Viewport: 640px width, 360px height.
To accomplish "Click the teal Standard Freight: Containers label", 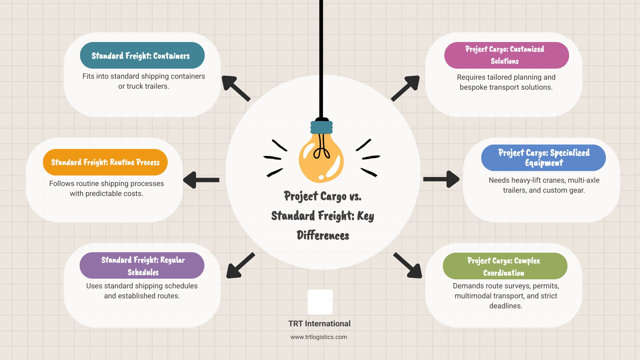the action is click(142, 55).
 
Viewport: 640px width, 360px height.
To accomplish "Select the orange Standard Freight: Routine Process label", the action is click(105, 162).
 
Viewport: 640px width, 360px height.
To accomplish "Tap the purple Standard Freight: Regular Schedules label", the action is click(142, 265).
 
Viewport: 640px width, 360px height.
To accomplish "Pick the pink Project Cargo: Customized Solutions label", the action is click(506, 55).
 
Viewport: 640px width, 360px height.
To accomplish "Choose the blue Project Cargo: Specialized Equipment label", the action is click(543, 158).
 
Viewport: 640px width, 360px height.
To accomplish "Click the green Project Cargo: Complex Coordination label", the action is click(505, 266).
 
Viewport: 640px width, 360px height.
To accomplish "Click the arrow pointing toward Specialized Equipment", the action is click(441, 179).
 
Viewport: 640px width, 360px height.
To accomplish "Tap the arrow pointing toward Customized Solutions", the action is click(406, 88).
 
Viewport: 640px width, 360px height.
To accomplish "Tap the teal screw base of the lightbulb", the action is click(322, 127).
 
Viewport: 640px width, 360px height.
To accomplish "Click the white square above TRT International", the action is click(320, 302).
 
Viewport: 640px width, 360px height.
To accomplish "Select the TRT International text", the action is click(319, 324).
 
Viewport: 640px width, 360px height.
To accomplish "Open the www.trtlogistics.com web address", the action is click(319, 337).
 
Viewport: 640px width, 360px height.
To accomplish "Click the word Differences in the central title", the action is click(323, 236).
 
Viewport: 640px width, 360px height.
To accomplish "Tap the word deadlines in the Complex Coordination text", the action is click(505, 306).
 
